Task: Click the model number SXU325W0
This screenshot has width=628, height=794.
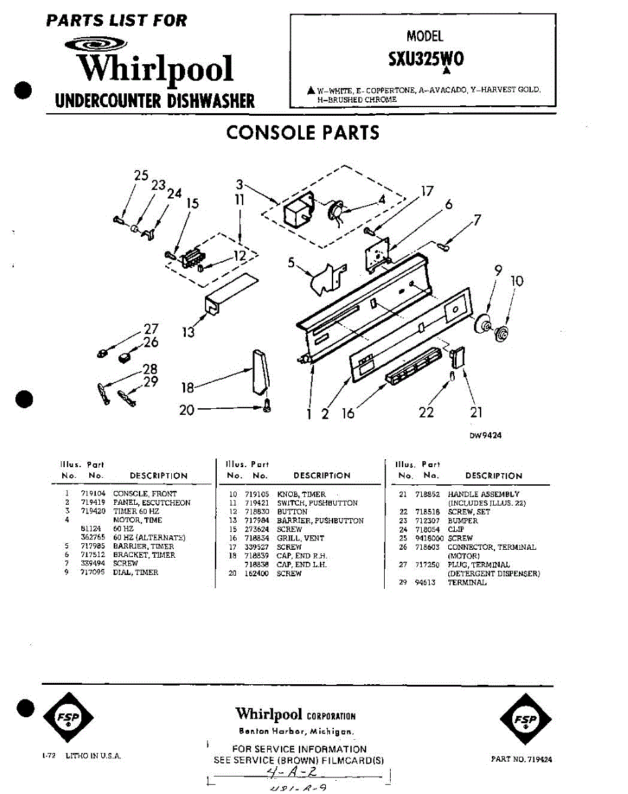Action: point(426,58)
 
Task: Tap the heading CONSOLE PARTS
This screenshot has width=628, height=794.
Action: point(303,132)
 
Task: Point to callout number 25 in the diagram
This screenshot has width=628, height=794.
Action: point(141,175)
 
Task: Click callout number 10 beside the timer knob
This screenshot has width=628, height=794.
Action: point(517,281)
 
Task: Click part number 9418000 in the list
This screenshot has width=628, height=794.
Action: point(429,539)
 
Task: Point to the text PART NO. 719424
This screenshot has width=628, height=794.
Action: point(522,759)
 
